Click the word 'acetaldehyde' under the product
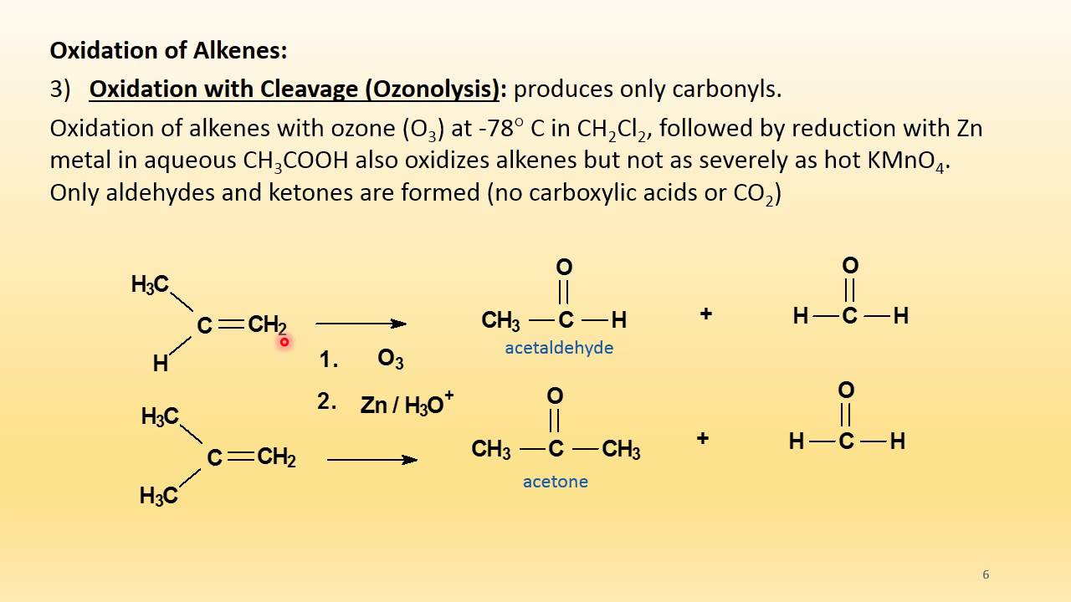point(558,348)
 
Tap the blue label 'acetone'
point(555,482)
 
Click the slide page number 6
point(986,574)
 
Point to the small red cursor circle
point(284,341)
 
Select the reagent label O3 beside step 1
point(391,360)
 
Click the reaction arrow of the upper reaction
point(361,324)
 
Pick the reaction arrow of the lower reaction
point(372,459)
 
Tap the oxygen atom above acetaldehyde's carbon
point(564,268)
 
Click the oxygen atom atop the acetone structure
point(554,395)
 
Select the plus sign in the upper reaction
point(705,314)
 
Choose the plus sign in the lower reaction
point(703,438)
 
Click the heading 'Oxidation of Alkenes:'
point(168,50)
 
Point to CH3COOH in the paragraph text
point(295,161)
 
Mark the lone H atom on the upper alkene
point(160,364)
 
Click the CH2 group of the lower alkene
point(276,457)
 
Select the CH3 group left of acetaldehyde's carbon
point(501,320)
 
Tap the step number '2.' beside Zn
point(326,401)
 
